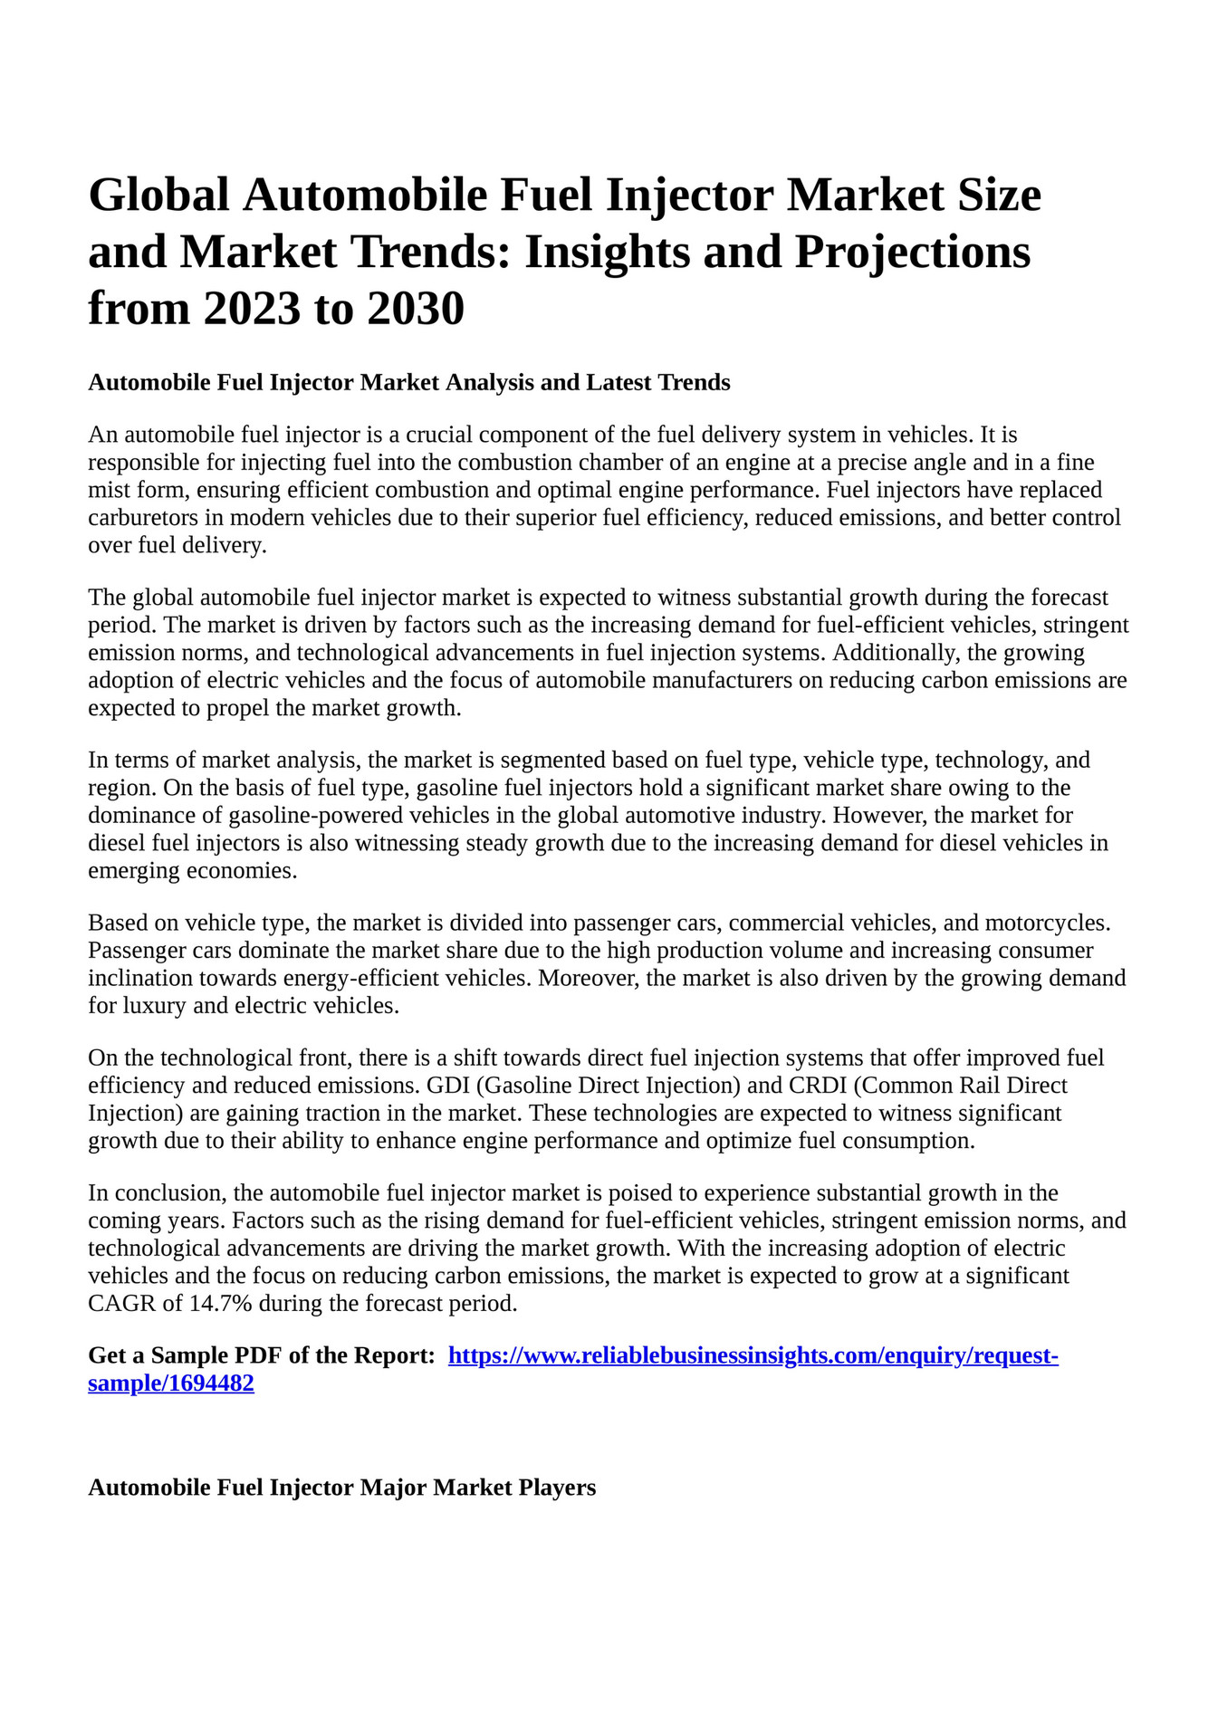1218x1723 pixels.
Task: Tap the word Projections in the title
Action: pos(913,252)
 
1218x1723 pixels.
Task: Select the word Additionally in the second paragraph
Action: pos(897,653)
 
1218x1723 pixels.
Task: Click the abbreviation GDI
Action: pos(447,1085)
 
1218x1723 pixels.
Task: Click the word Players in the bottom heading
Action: pos(557,1488)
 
